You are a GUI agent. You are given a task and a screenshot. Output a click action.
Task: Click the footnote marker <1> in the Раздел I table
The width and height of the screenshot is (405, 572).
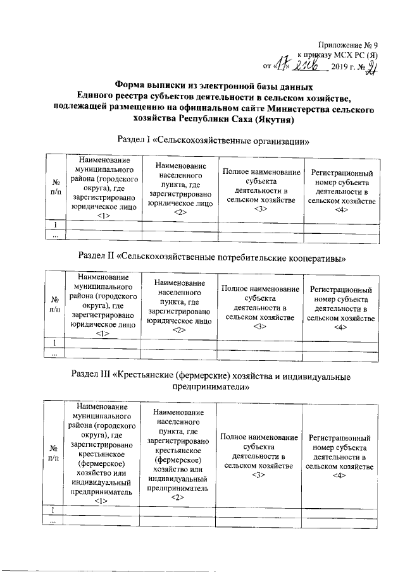(x=104, y=216)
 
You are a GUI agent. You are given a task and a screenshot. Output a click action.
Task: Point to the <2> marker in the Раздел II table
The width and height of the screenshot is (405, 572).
(x=178, y=330)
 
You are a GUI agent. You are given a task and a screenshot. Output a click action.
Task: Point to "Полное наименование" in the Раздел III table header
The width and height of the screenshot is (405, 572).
(x=259, y=437)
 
